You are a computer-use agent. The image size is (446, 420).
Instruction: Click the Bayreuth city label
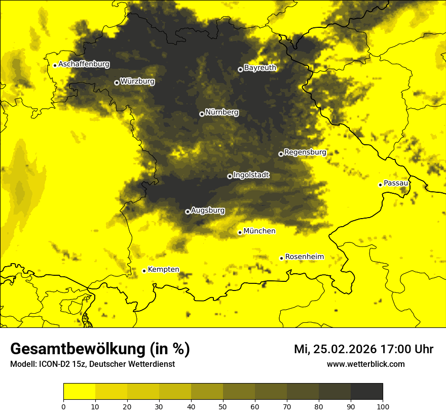point(260,68)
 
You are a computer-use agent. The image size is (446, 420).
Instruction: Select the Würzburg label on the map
point(137,81)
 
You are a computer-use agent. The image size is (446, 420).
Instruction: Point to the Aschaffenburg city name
point(84,64)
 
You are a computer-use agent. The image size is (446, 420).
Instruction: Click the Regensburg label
point(305,152)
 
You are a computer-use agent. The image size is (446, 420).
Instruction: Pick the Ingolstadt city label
point(251,175)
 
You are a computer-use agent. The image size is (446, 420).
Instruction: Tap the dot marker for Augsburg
point(188,212)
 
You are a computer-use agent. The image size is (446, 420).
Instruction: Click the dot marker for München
point(240,232)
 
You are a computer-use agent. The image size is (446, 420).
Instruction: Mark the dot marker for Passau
point(380,185)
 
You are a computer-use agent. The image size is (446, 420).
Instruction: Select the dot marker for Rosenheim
point(282,258)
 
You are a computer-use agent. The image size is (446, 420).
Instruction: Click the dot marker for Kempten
point(144,271)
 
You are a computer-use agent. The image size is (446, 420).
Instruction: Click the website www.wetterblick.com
point(366,364)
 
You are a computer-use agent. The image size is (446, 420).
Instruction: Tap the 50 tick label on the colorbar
point(223,406)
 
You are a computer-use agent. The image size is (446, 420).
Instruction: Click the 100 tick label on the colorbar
point(383,406)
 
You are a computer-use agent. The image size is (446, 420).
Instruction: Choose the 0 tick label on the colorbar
point(63,406)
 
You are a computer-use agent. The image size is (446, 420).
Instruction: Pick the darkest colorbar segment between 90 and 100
point(366,392)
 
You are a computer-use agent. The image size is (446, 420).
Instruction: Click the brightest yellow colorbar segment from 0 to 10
point(79,392)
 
